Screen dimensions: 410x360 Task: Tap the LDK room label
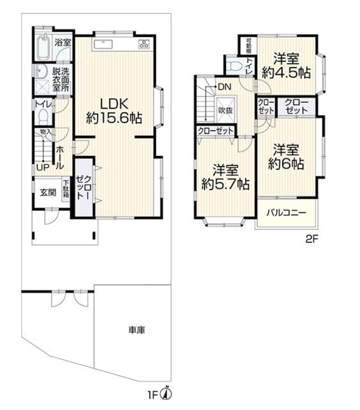pyautogui.click(x=114, y=104)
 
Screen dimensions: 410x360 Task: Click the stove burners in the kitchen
pyautogui.click(x=144, y=43)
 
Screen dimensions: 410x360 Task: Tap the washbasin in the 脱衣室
pyautogui.click(x=42, y=71)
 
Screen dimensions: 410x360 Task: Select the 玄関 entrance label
pyautogui.click(x=48, y=193)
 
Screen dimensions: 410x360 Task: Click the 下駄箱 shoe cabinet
pyautogui.click(x=66, y=189)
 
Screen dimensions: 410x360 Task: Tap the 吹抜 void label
pyautogui.click(x=225, y=110)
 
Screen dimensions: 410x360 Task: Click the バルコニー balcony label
pyautogui.click(x=286, y=213)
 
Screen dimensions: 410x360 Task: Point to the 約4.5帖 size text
pyautogui.click(x=285, y=72)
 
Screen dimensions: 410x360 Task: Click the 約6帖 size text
pyautogui.click(x=285, y=164)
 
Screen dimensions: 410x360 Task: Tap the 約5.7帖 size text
pyautogui.click(x=225, y=184)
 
